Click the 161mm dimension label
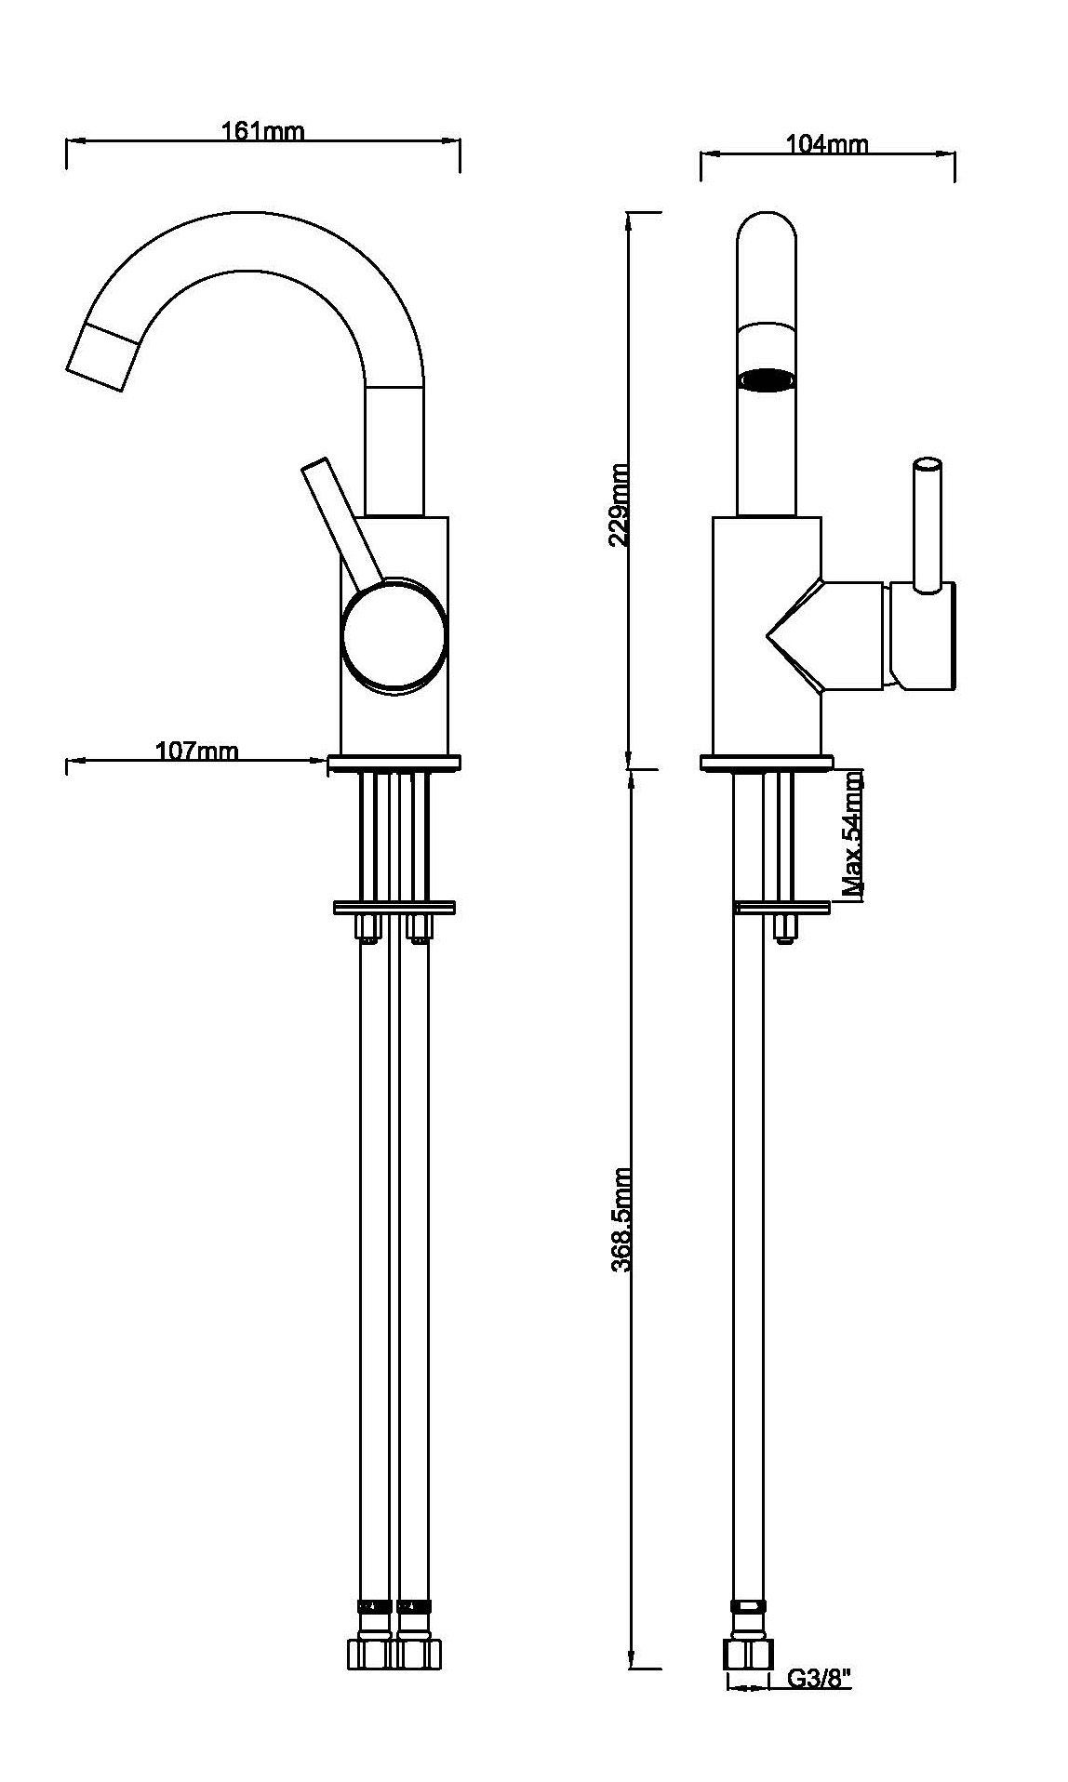tap(262, 132)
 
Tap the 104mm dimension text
tap(827, 144)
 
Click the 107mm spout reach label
tap(196, 751)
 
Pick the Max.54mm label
tap(853, 834)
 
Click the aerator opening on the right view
tap(767, 380)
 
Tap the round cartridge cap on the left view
tap(394, 636)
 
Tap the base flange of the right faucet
tap(766, 763)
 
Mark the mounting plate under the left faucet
tap(394, 907)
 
